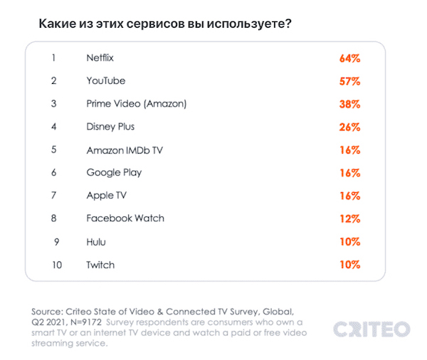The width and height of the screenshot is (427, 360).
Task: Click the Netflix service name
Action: pyautogui.click(x=100, y=58)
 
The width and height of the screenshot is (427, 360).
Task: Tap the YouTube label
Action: pyautogui.click(x=106, y=80)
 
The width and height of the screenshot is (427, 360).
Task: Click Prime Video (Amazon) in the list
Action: pyautogui.click(x=137, y=103)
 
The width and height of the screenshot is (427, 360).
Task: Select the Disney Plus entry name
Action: pyautogui.click(x=110, y=127)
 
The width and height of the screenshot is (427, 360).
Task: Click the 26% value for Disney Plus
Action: pyautogui.click(x=349, y=127)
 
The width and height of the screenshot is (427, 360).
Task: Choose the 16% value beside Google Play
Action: pyautogui.click(x=349, y=172)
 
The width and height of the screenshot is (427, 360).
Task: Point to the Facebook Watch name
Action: pyautogui.click(x=125, y=218)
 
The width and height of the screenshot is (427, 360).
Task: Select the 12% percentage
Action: pyautogui.click(x=349, y=218)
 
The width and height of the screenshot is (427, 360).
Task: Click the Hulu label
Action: pyautogui.click(x=96, y=241)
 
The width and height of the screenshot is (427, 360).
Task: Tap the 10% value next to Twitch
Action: pyautogui.click(x=349, y=265)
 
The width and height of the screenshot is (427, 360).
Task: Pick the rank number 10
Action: pyautogui.click(x=57, y=265)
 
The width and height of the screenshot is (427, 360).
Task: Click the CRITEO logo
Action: pyautogui.click(x=371, y=329)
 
